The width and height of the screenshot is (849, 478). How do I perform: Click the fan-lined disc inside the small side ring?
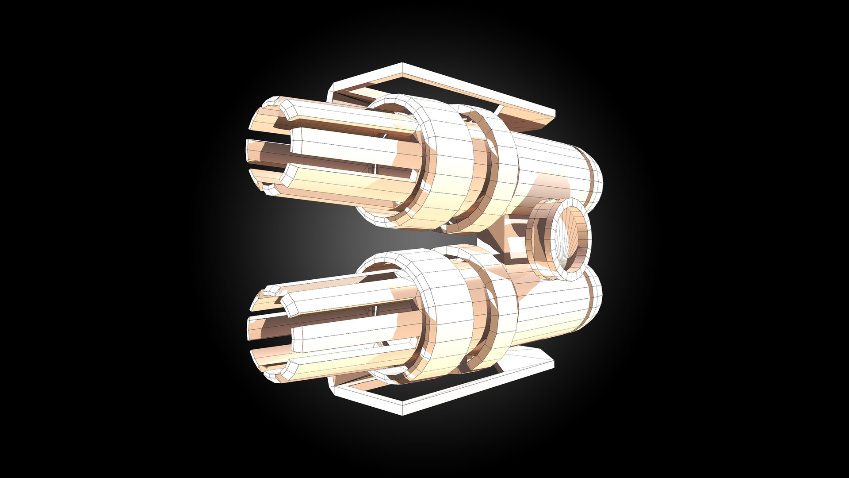[570, 239]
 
